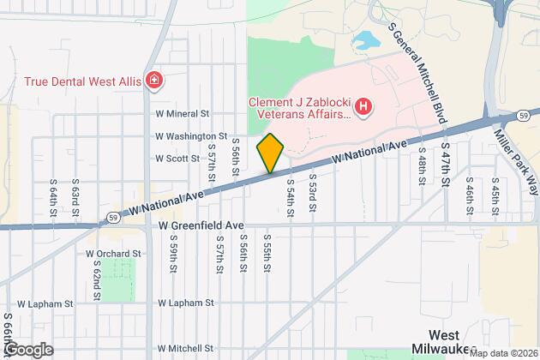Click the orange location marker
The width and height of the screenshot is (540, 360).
click(270, 153)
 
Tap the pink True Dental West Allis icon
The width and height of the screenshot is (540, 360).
click(154, 81)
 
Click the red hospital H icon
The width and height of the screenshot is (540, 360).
click(364, 107)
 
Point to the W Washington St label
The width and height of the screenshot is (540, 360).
click(191, 135)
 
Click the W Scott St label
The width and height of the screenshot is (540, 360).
click(177, 158)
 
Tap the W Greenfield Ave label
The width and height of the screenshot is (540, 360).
click(201, 225)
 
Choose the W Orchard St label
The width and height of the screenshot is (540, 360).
click(113, 254)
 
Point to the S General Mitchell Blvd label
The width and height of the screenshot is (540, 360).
click(419, 61)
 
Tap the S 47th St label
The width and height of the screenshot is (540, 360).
click(446, 165)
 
